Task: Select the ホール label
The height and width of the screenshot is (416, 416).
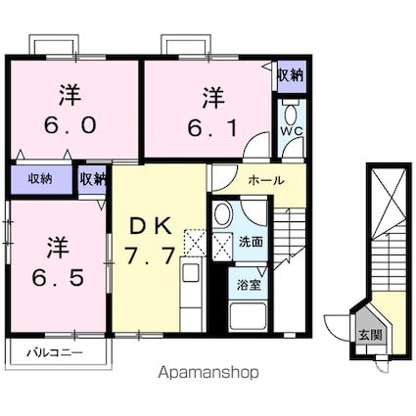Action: pos(266,181)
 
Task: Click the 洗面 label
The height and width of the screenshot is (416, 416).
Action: pos(251,242)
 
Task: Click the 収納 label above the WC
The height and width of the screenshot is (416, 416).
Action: pos(290,75)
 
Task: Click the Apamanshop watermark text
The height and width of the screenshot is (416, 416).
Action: pos(208,373)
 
